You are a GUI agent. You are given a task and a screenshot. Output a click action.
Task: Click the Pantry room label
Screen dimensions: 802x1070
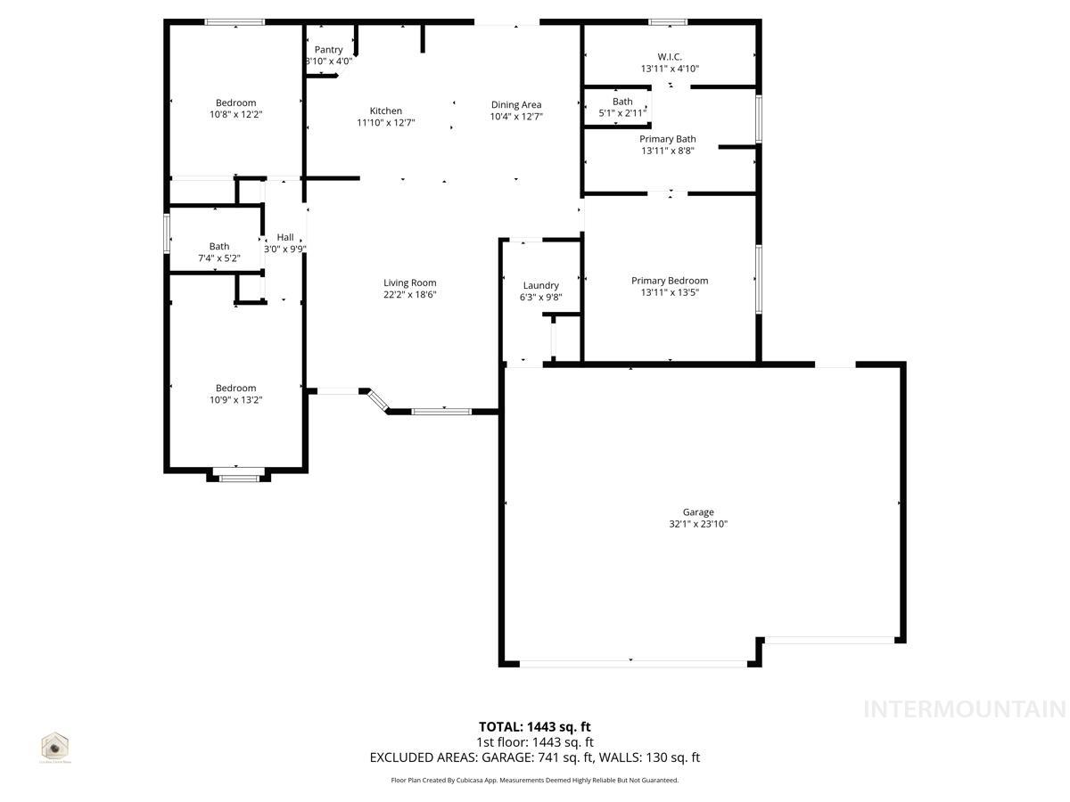328,50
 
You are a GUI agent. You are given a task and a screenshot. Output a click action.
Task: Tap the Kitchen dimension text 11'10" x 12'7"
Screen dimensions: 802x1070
386,123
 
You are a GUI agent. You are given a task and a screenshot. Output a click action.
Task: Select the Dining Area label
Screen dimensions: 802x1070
516,105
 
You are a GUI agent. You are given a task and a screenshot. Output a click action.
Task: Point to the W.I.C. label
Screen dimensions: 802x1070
670,57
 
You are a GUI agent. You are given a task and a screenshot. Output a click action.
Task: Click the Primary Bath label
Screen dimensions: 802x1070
668,139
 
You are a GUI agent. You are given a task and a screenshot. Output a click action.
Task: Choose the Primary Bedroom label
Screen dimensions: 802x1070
670,281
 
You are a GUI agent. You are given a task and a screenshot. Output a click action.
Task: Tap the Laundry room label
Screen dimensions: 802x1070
541,286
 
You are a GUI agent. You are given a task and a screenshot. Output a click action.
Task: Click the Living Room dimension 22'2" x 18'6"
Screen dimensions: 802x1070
410,295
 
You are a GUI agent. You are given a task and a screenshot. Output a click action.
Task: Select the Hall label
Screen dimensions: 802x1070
285,237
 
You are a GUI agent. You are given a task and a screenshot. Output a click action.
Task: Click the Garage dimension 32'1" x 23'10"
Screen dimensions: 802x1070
698,524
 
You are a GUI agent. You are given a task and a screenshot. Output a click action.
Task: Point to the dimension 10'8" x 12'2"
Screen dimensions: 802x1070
235,114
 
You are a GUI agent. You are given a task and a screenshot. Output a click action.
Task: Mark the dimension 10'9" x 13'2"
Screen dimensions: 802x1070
235,400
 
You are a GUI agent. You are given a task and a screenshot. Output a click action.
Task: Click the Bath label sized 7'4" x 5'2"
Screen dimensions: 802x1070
219,247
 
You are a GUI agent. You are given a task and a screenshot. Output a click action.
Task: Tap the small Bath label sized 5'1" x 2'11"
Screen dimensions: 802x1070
622,102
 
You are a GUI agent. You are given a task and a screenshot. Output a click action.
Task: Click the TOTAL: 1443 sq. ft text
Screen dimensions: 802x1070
534,727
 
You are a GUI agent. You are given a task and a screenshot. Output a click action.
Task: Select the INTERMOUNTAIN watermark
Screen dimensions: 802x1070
965,709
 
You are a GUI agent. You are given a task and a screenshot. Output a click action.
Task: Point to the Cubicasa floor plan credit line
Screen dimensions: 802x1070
534,781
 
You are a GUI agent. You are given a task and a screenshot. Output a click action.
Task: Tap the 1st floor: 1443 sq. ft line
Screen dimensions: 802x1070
534,742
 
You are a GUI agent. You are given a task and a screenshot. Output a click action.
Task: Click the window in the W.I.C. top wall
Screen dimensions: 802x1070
668,21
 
